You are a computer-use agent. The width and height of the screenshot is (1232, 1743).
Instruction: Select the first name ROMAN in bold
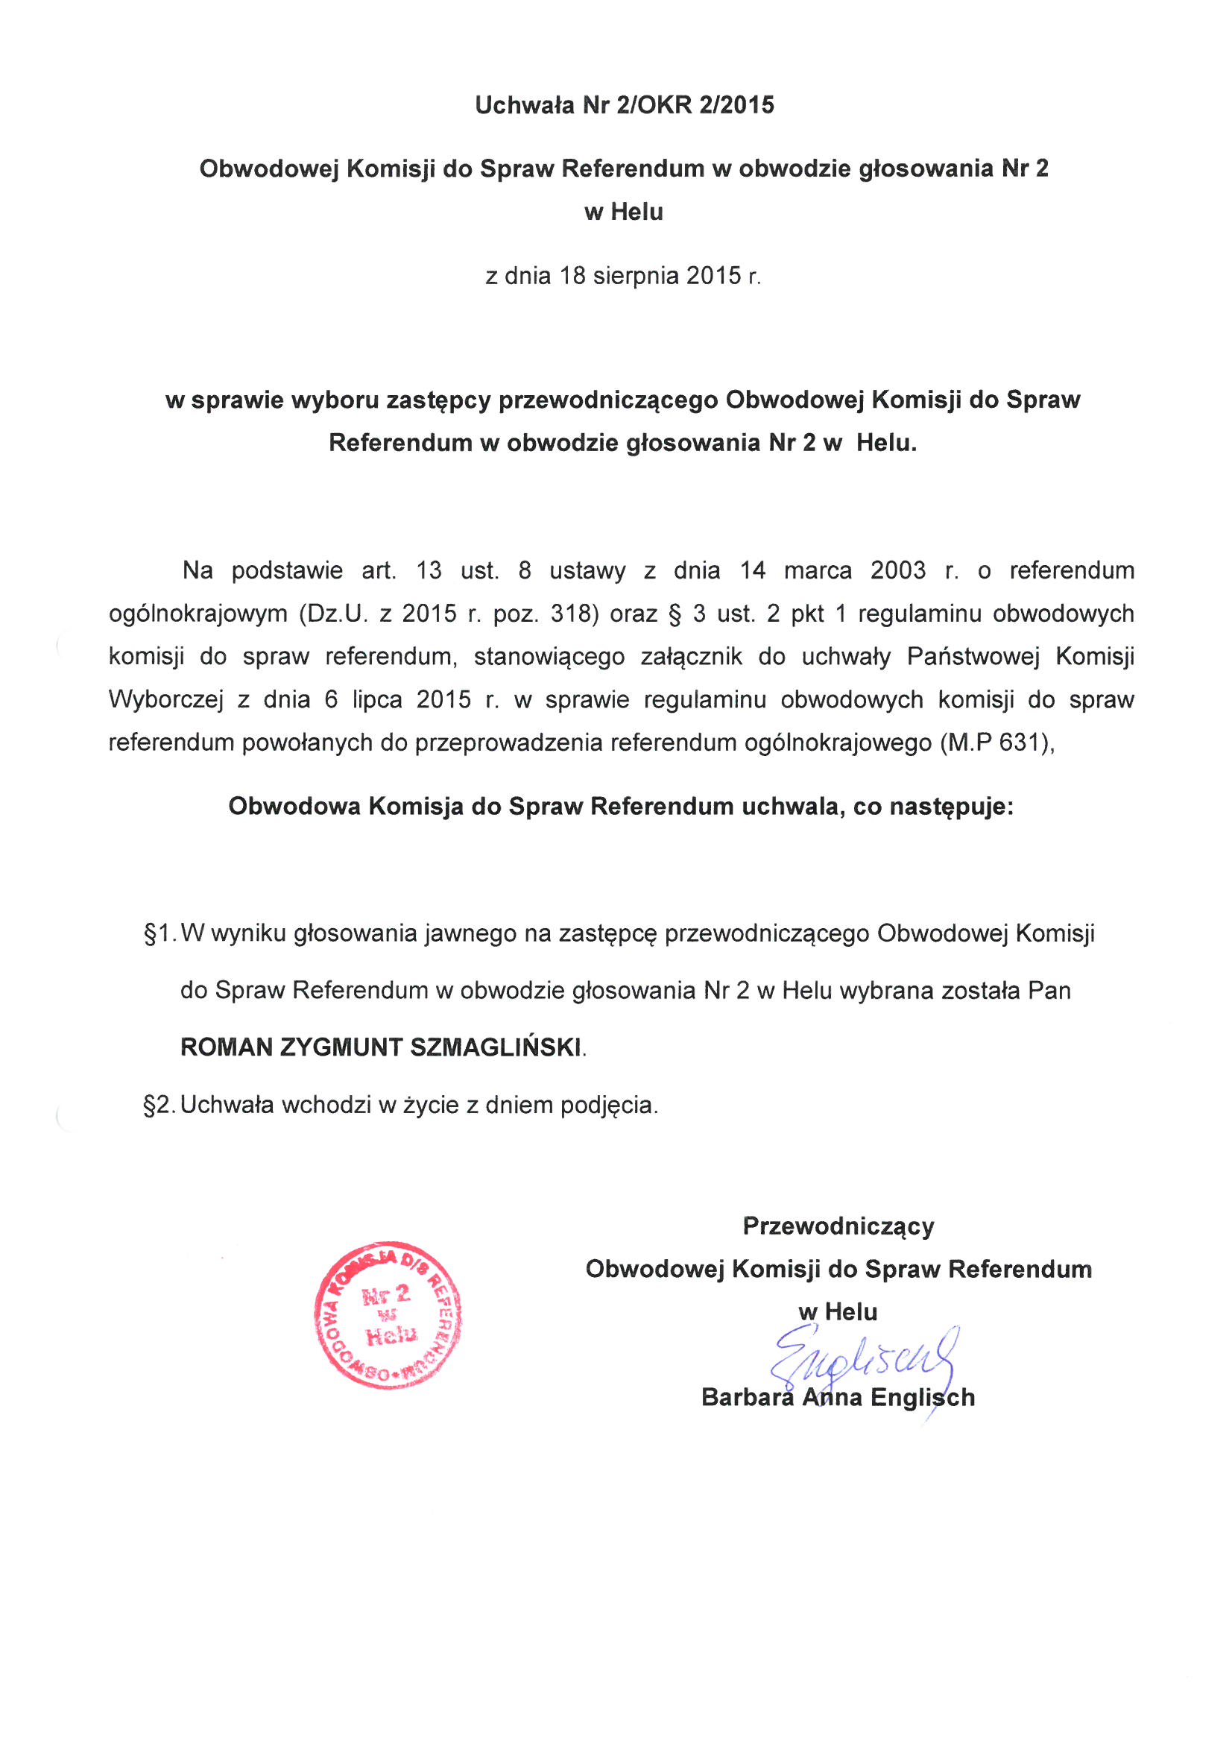(x=227, y=1047)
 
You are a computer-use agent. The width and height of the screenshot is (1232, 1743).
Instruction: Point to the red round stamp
(x=388, y=1316)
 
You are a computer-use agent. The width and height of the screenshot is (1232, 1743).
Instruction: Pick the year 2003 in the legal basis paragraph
(x=898, y=570)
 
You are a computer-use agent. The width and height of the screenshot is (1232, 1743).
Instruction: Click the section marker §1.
(x=159, y=933)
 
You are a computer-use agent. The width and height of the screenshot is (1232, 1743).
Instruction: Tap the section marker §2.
(x=159, y=1106)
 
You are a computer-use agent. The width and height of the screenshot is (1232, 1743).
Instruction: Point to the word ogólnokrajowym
(x=198, y=614)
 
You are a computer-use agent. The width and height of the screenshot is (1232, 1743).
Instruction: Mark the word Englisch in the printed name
(x=922, y=1398)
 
